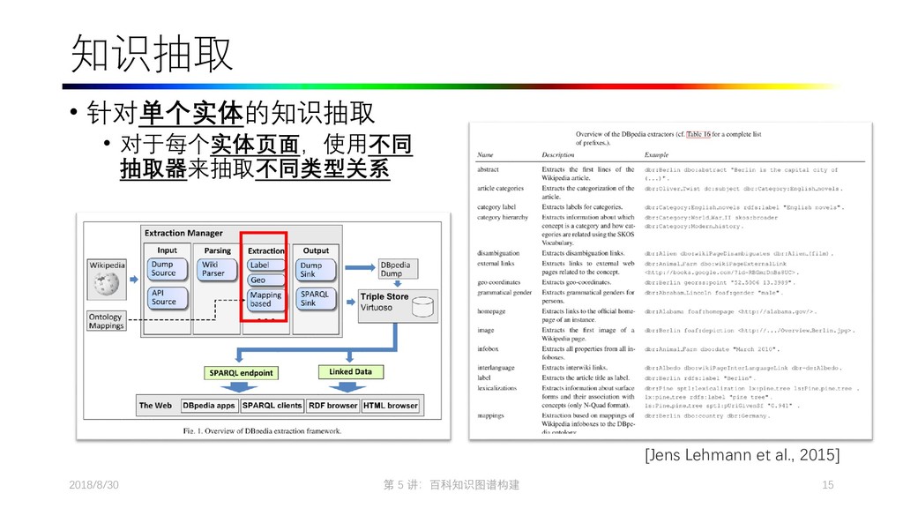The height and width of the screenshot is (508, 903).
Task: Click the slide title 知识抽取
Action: pos(152,55)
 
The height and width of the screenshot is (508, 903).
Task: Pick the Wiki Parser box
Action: pos(213,269)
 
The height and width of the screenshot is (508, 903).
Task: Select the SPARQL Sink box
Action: pos(314,298)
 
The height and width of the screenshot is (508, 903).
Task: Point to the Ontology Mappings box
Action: pos(106,321)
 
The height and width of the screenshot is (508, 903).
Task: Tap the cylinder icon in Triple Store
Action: pos(423,306)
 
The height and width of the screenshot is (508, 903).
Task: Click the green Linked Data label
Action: pos(350,372)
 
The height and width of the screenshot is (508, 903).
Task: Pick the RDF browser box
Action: pos(332,406)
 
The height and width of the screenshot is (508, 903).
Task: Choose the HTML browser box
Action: pos(391,406)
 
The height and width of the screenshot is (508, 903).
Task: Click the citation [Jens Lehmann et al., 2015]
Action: pos(743,454)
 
